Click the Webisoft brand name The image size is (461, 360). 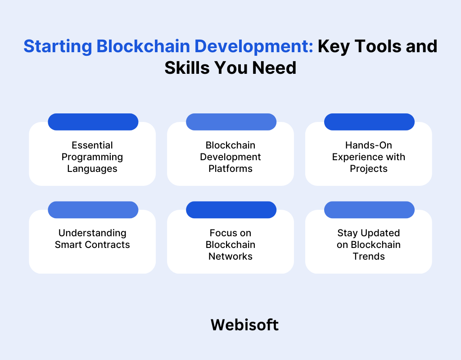(x=244, y=324)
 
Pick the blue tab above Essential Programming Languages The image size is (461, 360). (x=93, y=121)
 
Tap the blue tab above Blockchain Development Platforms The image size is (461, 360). (x=231, y=121)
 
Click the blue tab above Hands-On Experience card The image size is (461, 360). (x=369, y=121)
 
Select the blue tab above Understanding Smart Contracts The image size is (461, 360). (x=93, y=209)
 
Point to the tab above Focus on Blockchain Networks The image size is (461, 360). (x=231, y=209)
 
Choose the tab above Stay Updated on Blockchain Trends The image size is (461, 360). (x=369, y=209)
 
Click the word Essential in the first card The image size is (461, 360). (x=92, y=145)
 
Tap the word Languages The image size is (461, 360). (x=92, y=169)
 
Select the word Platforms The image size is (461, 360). (x=230, y=169)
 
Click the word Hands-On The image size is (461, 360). (x=369, y=145)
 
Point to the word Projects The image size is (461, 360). (x=369, y=169)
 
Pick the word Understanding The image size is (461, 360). (x=92, y=233)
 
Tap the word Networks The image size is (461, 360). (x=230, y=256)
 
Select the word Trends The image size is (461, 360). (x=369, y=256)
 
